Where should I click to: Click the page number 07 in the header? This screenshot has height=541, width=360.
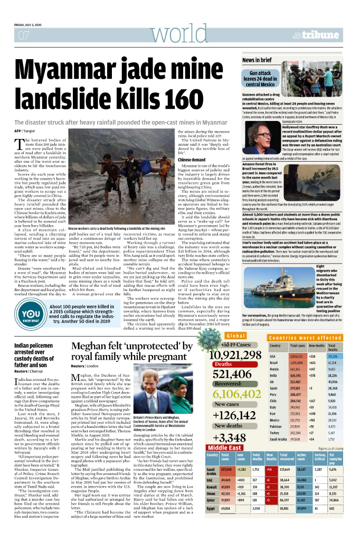23,36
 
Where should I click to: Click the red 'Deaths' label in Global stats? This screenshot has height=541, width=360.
224,364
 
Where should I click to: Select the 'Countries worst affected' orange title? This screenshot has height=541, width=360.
297,337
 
